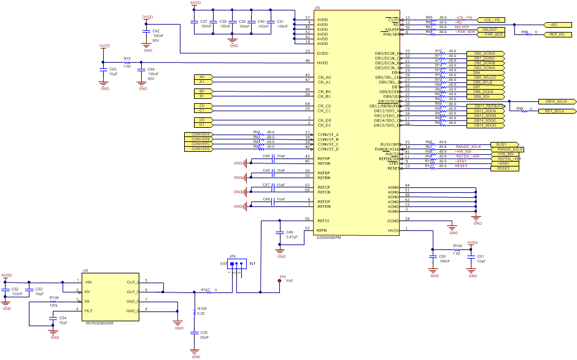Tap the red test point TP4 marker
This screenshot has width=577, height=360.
(x=280, y=281)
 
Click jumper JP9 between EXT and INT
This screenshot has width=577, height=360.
(x=236, y=265)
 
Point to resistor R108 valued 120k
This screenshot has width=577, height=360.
(x=53, y=301)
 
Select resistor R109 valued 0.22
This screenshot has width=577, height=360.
(x=196, y=311)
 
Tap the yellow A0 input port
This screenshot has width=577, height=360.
(x=203, y=77)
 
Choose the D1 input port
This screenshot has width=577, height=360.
(x=203, y=125)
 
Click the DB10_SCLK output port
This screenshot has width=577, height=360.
(x=556, y=101)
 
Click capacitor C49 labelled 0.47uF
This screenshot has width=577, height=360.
(x=281, y=235)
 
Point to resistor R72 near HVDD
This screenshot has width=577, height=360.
(x=127, y=62)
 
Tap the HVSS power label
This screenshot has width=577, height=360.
(x=472, y=243)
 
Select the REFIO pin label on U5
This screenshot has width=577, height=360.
(x=323, y=220)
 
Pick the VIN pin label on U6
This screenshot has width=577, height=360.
(x=89, y=281)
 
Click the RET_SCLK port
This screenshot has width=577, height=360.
(x=556, y=111)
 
